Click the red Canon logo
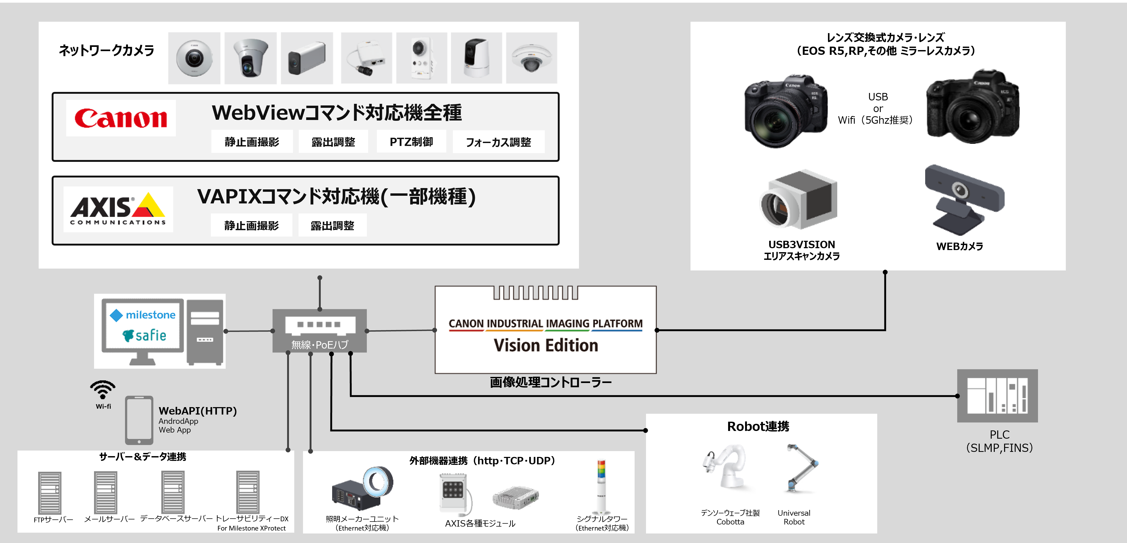click(x=121, y=118)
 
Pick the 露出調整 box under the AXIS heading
click(x=332, y=226)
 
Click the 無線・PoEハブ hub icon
click(x=319, y=330)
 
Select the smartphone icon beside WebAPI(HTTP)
click(x=139, y=420)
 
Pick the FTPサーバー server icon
click(x=50, y=492)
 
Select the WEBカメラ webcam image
click(x=964, y=199)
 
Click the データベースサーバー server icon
click(x=173, y=492)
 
